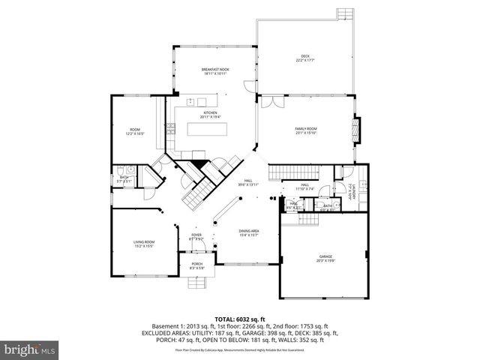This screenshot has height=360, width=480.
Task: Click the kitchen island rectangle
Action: click(207, 129)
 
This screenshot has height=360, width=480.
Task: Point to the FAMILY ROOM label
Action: click(305, 130)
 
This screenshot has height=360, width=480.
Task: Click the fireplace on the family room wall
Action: click(358, 128)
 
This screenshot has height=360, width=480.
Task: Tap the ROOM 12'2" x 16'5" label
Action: click(135, 132)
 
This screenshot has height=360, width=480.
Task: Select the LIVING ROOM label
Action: click(144, 244)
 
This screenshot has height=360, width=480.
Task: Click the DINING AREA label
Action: click(248, 232)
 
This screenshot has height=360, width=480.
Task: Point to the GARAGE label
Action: click(325, 258)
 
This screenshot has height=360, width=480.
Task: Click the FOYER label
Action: click(196, 236)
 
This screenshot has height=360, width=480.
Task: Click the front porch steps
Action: click(197, 283)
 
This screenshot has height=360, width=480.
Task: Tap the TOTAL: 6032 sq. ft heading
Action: click(240, 319)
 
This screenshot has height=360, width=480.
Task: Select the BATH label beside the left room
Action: click(124, 178)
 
